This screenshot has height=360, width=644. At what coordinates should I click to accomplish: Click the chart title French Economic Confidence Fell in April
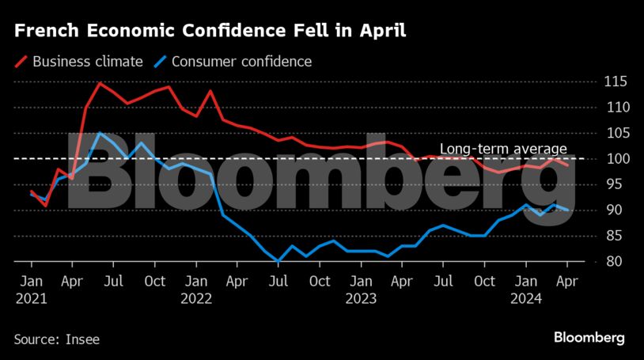pos(210,32)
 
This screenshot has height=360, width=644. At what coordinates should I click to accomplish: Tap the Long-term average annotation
pos(503,149)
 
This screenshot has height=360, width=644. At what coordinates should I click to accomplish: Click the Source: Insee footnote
pos(56,339)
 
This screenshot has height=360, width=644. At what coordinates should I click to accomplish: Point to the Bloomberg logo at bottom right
pos(589,338)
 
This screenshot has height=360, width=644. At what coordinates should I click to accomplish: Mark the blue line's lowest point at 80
pos(278,261)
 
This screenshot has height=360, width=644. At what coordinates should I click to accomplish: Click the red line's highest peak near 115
pos(100,82)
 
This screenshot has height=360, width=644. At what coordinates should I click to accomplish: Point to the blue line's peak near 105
pos(100,133)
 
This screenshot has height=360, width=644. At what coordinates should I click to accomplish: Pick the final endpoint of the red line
pos(566,165)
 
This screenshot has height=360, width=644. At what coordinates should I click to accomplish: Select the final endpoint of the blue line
pos(566,210)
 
